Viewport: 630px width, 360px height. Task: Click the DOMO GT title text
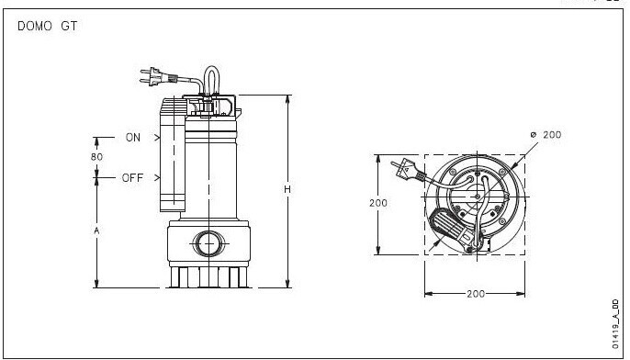[47, 27]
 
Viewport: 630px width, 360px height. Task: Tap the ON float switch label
[133, 138]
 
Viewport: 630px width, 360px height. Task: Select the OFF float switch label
[132, 177]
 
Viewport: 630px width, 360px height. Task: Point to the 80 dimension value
[96, 157]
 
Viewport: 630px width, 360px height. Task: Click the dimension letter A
[96, 231]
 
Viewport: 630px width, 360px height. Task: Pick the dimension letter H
[287, 189]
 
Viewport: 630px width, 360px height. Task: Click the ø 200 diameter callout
[546, 135]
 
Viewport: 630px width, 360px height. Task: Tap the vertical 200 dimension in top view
[378, 203]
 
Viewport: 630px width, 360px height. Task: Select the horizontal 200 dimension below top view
[476, 294]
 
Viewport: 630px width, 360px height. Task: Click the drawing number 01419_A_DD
[615, 324]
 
